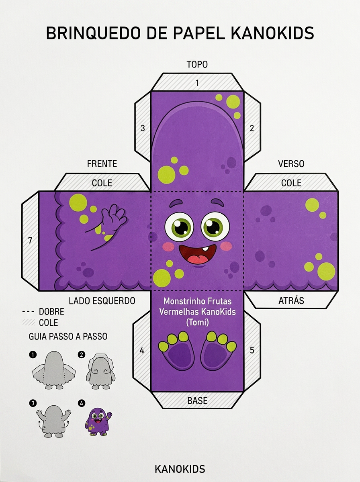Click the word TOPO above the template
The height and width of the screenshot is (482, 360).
point(197,65)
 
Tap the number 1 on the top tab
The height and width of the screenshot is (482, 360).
point(197,83)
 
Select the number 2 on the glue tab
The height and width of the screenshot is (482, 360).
point(252,128)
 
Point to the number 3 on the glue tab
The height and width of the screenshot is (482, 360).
point(143,128)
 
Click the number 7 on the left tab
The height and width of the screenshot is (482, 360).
point(30,241)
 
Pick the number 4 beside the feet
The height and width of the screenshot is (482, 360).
point(142,350)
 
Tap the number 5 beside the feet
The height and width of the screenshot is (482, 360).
point(252,350)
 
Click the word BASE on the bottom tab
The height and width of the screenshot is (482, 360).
point(197,401)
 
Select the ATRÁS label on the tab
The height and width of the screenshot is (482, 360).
point(291,300)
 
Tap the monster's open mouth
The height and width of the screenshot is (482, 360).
point(197,254)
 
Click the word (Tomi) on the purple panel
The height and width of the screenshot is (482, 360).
point(197,323)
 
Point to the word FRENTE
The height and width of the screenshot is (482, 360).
point(102,164)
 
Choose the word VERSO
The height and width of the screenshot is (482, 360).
point(291,164)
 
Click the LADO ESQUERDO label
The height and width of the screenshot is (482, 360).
point(102,301)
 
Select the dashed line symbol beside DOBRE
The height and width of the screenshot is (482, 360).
point(28,312)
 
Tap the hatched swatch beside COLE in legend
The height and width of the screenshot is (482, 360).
point(29,323)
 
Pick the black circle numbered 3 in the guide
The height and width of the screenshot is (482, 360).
point(33,403)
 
